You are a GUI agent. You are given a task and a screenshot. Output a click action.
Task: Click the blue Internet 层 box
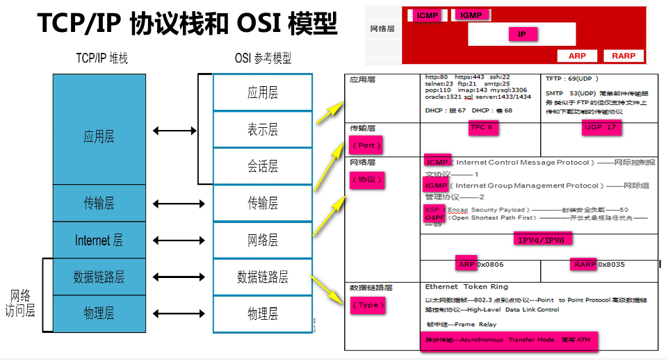pyautogui.click(x=99, y=240)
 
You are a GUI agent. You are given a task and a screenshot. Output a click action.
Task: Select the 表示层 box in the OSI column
pyautogui.click(x=262, y=129)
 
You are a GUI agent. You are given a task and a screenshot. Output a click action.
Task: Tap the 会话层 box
pyautogui.click(x=262, y=166)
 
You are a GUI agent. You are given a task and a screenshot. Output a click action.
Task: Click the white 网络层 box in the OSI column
pyautogui.click(x=262, y=240)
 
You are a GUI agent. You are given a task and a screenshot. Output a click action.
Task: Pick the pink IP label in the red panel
pyautogui.click(x=523, y=34)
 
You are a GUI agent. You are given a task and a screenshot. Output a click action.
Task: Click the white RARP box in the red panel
pyautogui.click(x=624, y=56)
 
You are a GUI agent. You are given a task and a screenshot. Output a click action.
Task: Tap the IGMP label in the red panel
pyautogui.click(x=471, y=15)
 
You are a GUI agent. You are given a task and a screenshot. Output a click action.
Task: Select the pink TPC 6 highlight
pyautogui.click(x=481, y=128)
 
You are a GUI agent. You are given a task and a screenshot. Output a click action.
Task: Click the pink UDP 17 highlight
pyautogui.click(x=601, y=128)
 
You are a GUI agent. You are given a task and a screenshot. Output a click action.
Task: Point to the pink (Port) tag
pyautogui.click(x=366, y=146)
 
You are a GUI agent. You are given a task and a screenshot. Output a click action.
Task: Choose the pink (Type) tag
pyautogui.click(x=367, y=305)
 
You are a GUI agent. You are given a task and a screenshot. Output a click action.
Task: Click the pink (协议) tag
pyautogui.click(x=366, y=179)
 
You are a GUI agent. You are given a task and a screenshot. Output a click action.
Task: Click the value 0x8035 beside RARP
pyautogui.click(x=612, y=264)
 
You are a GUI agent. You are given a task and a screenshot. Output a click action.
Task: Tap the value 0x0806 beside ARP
pyautogui.click(x=490, y=264)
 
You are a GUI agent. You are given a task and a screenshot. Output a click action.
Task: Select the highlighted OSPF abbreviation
pyautogui.click(x=434, y=218)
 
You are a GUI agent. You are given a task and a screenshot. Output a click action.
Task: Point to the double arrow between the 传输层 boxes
pyautogui.click(x=174, y=204)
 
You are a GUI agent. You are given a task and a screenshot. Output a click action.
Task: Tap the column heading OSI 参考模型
pyautogui.click(x=263, y=59)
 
